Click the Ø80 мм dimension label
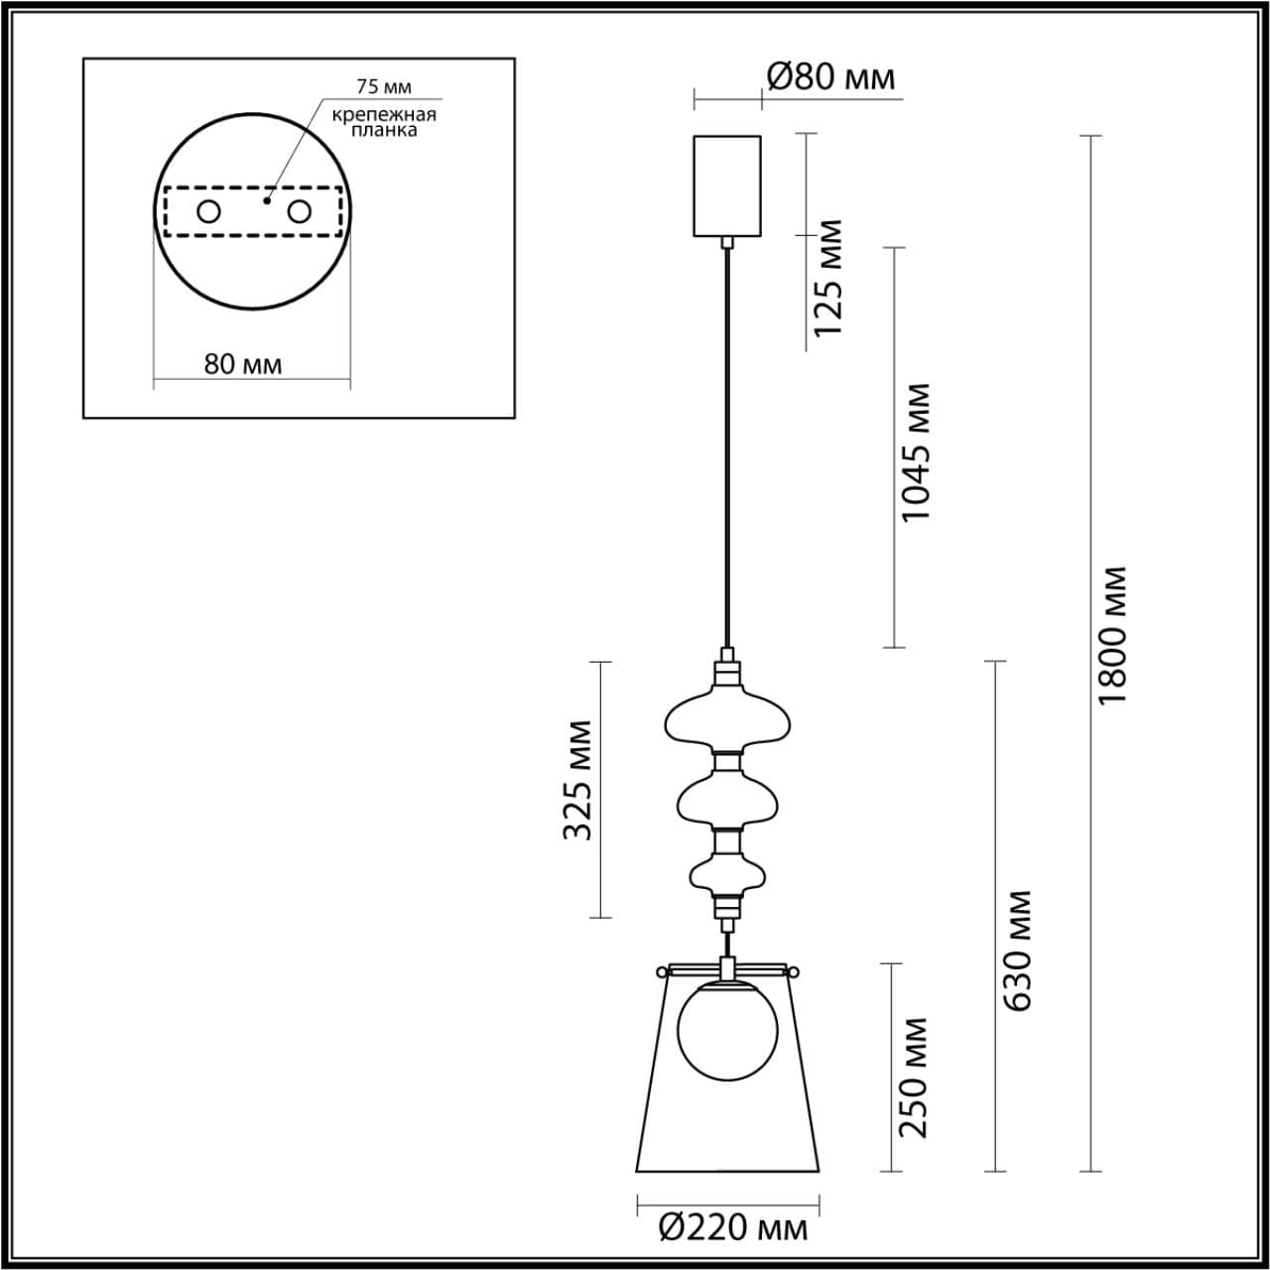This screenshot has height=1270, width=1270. point(831,77)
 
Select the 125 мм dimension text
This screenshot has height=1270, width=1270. point(827,277)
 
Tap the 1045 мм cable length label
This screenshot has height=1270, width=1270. point(916,452)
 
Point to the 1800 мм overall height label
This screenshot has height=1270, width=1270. point(1112,635)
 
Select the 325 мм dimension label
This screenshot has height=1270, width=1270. point(577,780)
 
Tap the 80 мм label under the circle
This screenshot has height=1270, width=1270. point(243,364)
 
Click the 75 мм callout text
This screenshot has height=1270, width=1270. point(384,86)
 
